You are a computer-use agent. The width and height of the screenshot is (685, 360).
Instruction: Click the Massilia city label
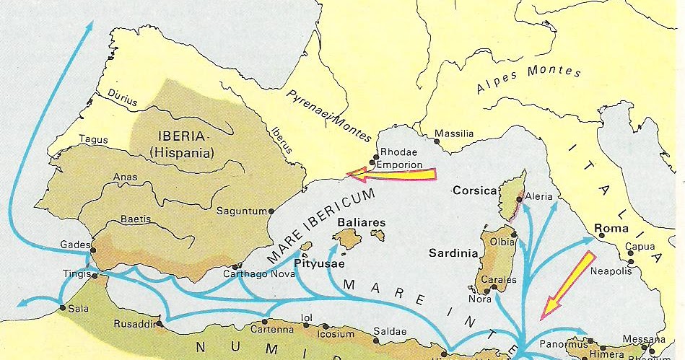click(x=454, y=134)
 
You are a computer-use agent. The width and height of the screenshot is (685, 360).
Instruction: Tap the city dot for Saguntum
click(x=271, y=211)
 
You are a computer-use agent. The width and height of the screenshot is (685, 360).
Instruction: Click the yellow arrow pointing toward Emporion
click(x=391, y=174)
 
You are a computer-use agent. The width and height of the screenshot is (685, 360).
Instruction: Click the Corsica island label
click(x=475, y=191)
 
